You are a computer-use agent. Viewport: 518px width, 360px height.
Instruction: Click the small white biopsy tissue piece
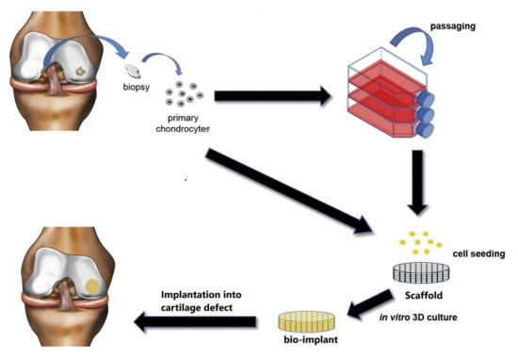(134, 70)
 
